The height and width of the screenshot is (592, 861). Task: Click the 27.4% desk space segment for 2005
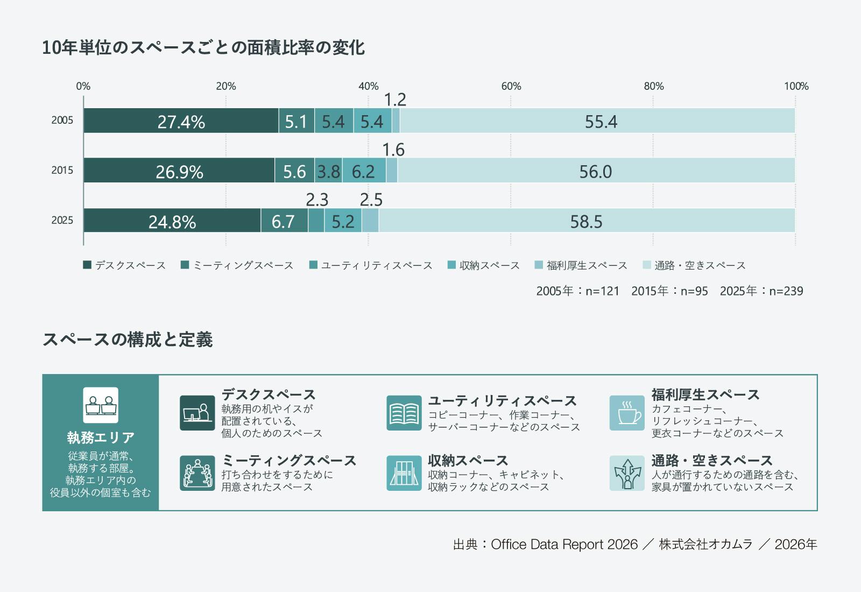coord(181,121)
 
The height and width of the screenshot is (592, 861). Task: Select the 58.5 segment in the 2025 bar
coord(586,221)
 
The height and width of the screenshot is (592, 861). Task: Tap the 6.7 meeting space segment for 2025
coord(284,221)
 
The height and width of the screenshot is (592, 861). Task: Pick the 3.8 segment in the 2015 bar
coord(328,171)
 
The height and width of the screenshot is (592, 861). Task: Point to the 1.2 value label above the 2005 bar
coord(395,100)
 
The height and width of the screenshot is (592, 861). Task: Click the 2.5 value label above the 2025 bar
coord(371,200)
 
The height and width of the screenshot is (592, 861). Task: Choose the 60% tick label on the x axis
coord(511,86)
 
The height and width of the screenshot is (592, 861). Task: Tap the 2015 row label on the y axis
coord(62,171)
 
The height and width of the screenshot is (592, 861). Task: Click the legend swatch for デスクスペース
coord(87,265)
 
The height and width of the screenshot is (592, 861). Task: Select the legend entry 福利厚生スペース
coord(587,265)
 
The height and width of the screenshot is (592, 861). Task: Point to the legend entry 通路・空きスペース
coord(700,265)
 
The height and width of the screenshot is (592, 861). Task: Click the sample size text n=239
coord(786,291)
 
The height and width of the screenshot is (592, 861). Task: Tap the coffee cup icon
coord(627,413)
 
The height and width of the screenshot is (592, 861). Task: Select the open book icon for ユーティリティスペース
coord(404,413)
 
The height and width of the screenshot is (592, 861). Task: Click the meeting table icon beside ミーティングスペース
coord(197,473)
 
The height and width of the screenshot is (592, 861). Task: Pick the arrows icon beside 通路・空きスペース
coord(627,473)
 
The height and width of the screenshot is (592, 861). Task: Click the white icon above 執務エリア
coord(101,405)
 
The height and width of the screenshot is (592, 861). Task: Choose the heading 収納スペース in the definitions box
coord(468,461)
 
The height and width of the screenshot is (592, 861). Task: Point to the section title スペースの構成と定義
coord(128,340)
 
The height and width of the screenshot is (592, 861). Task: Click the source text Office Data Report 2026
coord(564,545)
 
